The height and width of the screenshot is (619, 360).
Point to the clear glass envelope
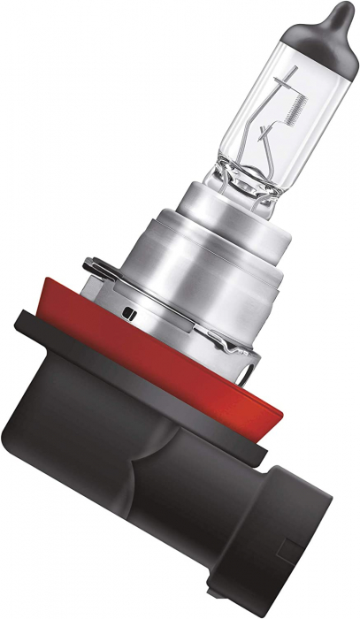pyautogui.click(x=265, y=97)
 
